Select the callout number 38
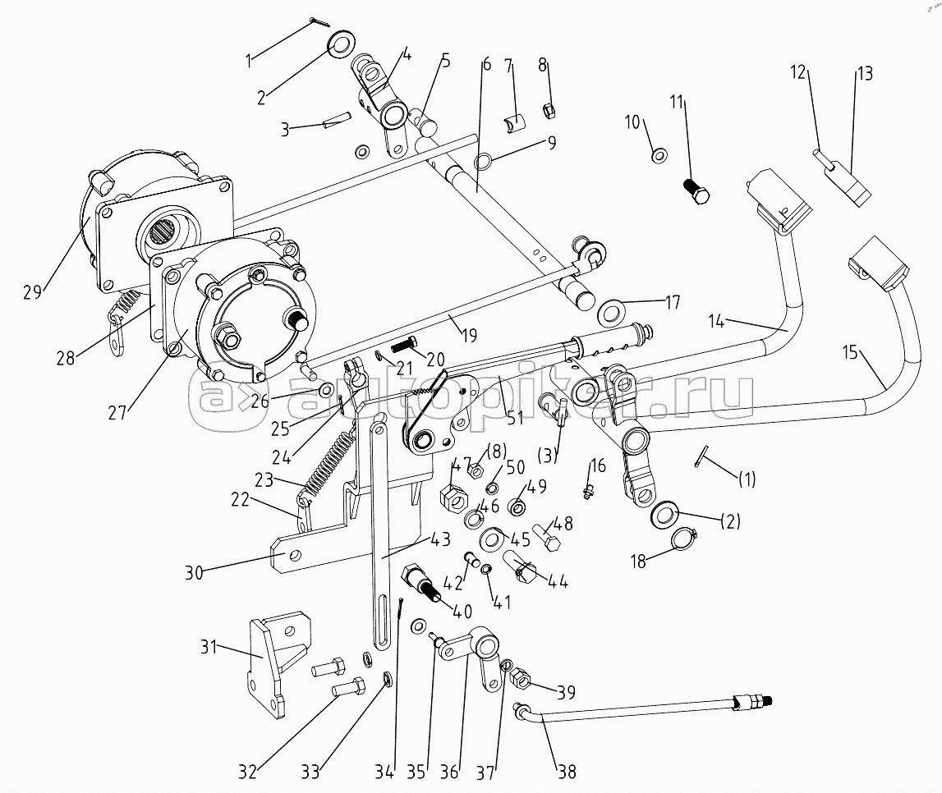click(567, 772)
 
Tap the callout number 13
click(865, 73)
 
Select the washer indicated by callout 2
click(340, 44)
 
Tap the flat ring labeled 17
click(612, 312)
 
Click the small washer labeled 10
click(659, 156)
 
